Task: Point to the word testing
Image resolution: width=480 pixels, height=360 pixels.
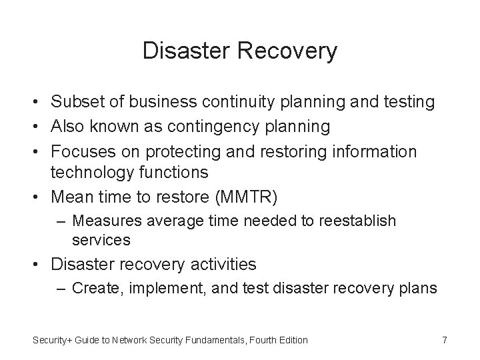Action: [410, 102]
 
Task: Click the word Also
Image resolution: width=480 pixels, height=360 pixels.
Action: [67, 127]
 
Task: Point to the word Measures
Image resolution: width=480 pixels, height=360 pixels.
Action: [102, 220]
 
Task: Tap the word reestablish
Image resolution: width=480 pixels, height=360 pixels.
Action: [359, 220]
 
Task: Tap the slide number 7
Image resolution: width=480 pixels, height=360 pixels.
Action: [444, 340]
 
